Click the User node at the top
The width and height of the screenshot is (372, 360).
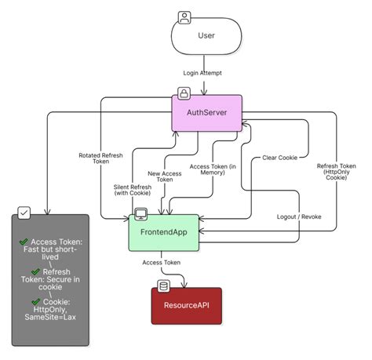pos(206,36)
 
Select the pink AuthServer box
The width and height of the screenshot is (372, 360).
pos(206,113)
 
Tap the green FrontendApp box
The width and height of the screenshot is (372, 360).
pos(162,232)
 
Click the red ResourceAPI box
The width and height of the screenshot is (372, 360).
pos(186,305)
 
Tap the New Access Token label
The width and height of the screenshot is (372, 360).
pos(166,176)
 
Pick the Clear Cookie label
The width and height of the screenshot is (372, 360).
pos(280,157)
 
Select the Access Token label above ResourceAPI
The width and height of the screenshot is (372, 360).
pos(161,263)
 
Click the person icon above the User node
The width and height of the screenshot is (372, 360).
pos(184,16)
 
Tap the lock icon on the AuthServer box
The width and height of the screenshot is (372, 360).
pos(184,94)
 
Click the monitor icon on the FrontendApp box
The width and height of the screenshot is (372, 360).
pos(141,213)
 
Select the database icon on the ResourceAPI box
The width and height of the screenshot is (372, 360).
pos(164,285)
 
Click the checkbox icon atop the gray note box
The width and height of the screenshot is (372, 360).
pos(24,213)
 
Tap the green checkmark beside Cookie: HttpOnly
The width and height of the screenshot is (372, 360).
pos(35,301)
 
